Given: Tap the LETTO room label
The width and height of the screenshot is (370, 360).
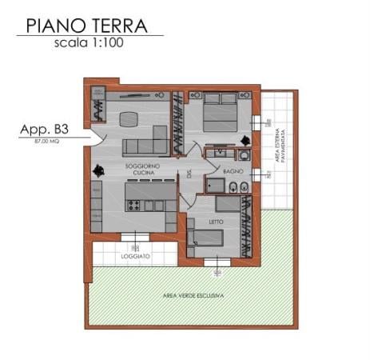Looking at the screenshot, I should tap(216, 222).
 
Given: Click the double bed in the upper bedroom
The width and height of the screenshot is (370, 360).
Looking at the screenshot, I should tap(217, 112).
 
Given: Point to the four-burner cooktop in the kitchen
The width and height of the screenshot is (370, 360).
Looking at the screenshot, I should tap(133, 206).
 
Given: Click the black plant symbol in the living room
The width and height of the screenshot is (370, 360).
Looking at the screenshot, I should tap(98, 170).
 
